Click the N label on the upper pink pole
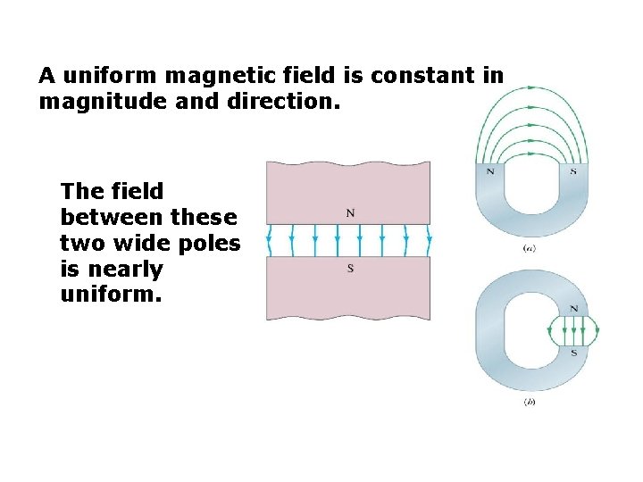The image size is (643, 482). pos(349,212)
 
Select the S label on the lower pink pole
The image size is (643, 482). pos(349,269)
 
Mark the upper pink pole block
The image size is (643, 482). pos(348,192)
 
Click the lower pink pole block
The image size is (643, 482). pos(348,290)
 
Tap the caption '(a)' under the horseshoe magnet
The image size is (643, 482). pos(529,248)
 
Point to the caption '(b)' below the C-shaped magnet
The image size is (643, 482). pos(529,403)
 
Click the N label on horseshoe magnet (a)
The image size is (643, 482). pos(489,170)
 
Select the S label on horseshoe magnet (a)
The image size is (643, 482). pos(572,170)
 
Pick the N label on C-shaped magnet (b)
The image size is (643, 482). pos(573,309)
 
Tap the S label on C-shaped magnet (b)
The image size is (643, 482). pos(573,353)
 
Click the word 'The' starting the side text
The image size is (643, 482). pos(79,191)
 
